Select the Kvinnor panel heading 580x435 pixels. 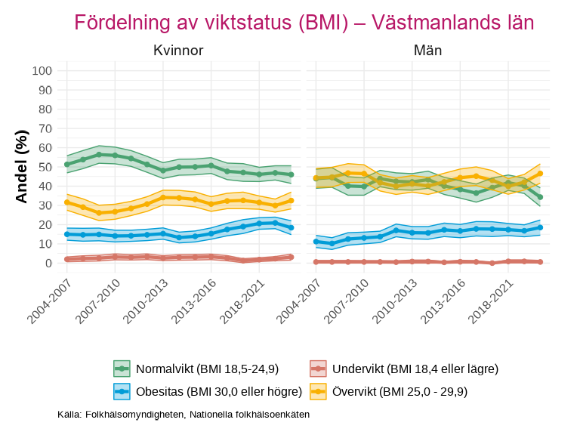click(x=178, y=51)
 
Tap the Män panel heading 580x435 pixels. click(x=427, y=51)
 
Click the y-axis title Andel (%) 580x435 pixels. click(x=22, y=166)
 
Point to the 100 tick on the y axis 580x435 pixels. click(x=42, y=71)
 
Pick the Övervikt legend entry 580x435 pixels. click(x=400, y=391)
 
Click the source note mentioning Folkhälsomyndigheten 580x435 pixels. click(x=184, y=415)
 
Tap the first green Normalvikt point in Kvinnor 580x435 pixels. click(x=67, y=164)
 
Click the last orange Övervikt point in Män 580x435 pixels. click(x=540, y=173)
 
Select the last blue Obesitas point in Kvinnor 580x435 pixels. click(x=291, y=227)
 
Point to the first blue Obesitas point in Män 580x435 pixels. click(x=316, y=242)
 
